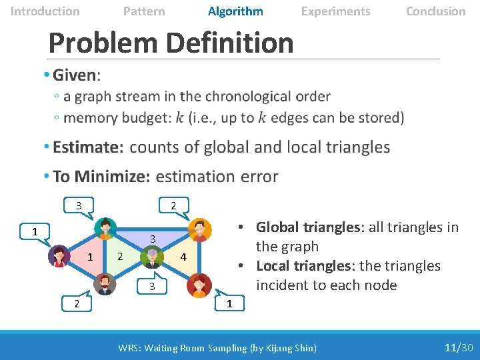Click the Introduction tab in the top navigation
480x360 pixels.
(x=45, y=11)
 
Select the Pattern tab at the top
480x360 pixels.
(x=144, y=11)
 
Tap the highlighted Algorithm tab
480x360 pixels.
(x=235, y=11)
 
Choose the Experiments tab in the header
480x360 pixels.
(x=335, y=11)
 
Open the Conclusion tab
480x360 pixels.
(x=435, y=11)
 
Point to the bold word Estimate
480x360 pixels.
(x=89, y=147)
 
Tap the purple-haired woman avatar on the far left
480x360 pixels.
(x=59, y=256)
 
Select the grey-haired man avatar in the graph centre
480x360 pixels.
(x=152, y=257)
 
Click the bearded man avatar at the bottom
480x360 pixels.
(x=105, y=284)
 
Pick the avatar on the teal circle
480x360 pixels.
(x=105, y=229)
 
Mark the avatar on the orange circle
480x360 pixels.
(x=198, y=230)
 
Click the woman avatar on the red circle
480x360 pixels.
(x=198, y=285)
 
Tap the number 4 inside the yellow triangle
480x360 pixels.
(x=184, y=257)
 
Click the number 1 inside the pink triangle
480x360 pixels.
(x=90, y=257)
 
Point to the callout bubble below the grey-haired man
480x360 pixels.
(x=152, y=286)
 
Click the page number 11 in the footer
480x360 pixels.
(x=451, y=347)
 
